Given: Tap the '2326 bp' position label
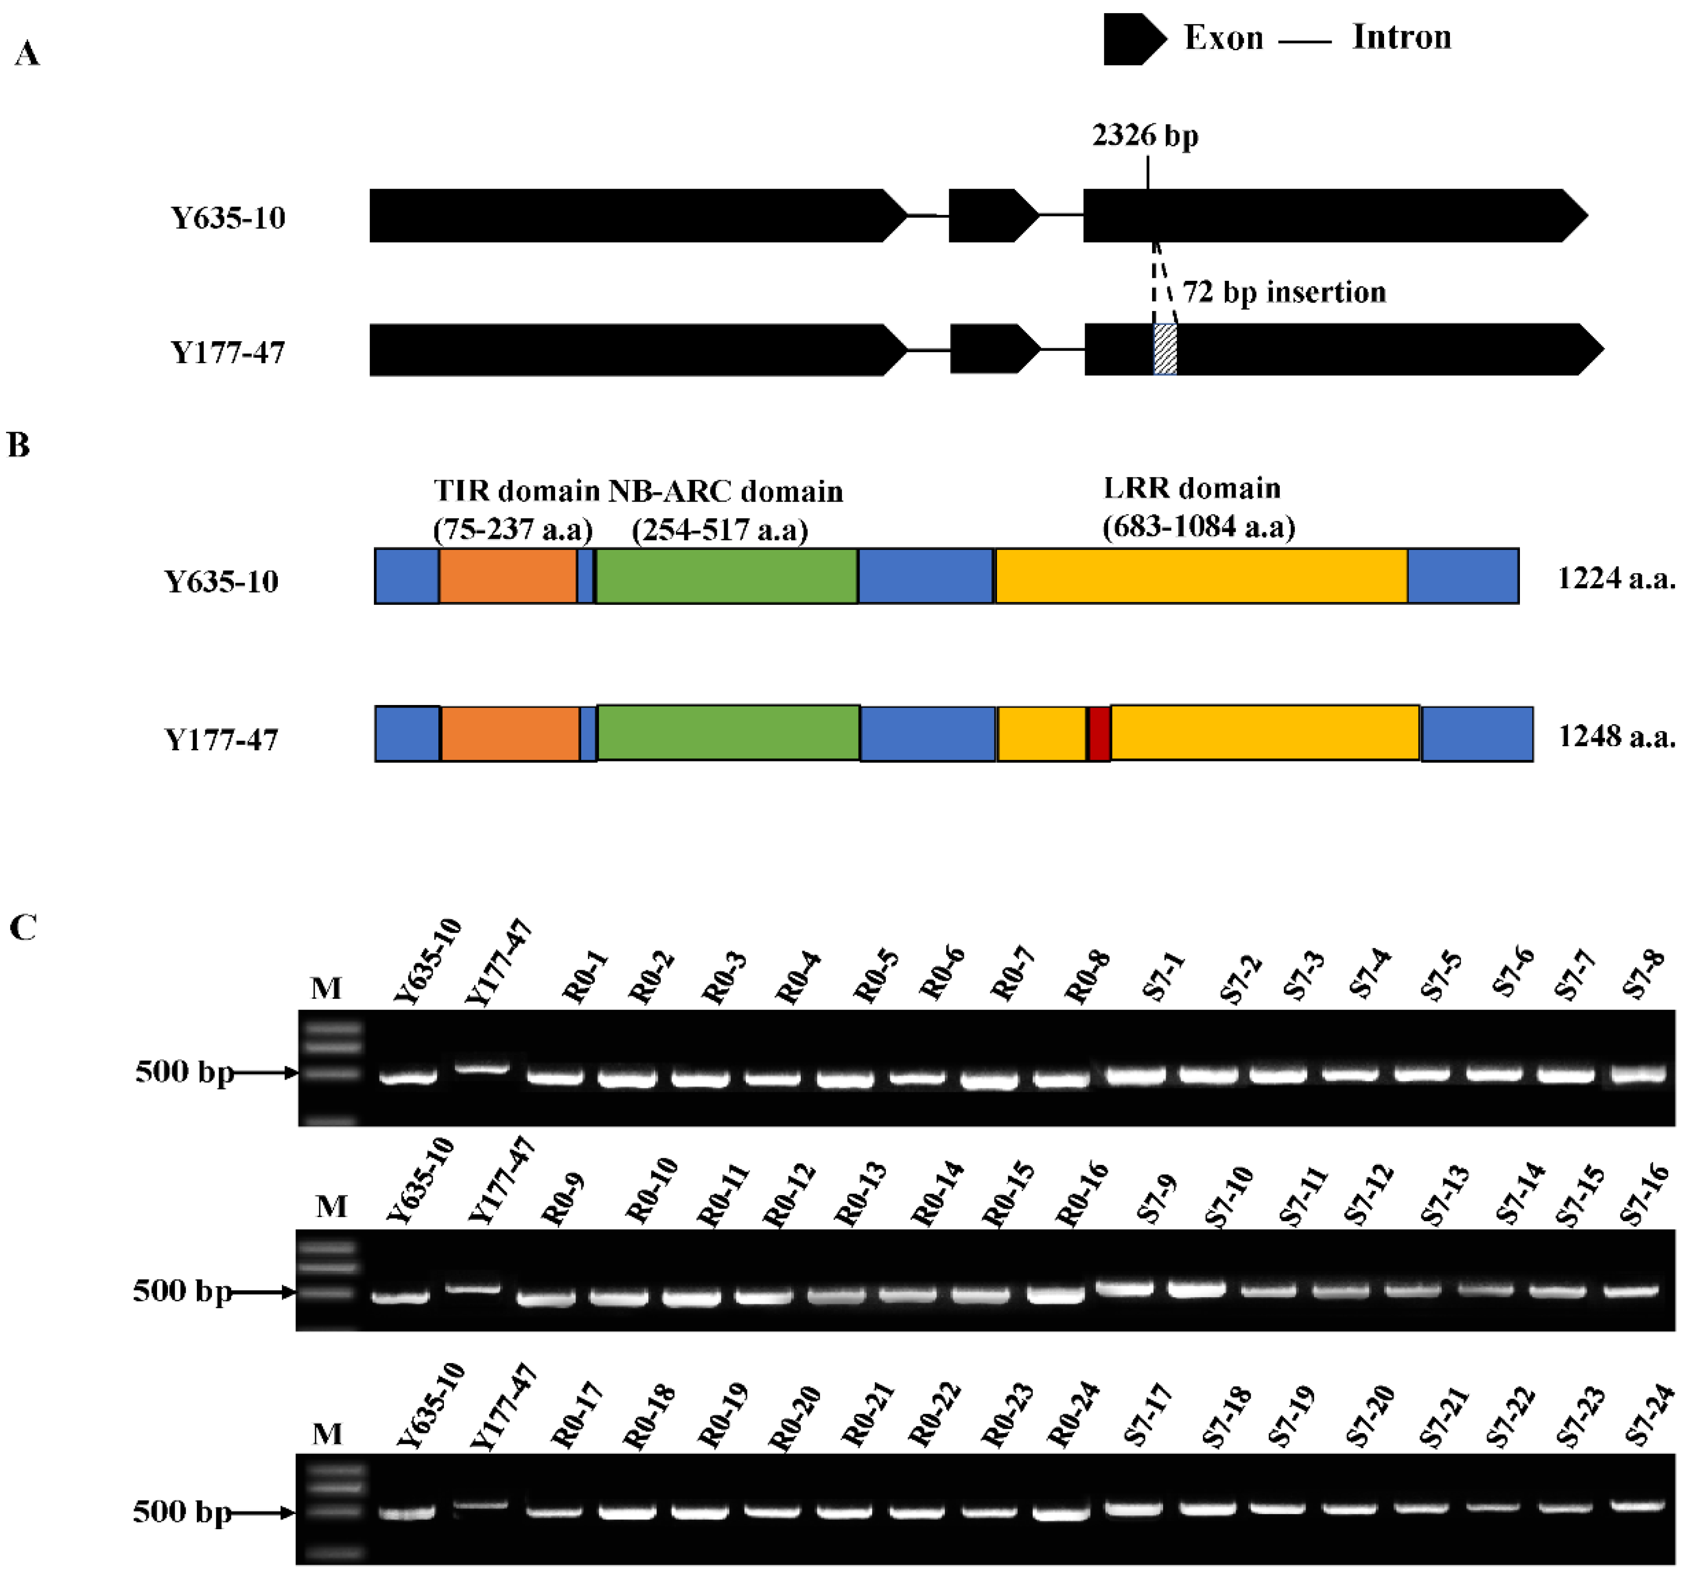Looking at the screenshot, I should pyautogui.click(x=1145, y=135).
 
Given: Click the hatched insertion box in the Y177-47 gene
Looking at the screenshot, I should pyautogui.click(x=1165, y=349).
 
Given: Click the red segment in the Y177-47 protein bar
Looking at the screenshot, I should pyautogui.click(x=1099, y=734).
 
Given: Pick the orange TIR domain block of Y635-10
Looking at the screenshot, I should pyautogui.click(x=507, y=576).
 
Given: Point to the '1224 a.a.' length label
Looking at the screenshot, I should pyautogui.click(x=1616, y=579).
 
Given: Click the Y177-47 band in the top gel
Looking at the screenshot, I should pyautogui.click(x=483, y=1070).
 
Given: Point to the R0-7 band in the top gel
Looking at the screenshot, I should pyautogui.click(x=989, y=1081).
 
